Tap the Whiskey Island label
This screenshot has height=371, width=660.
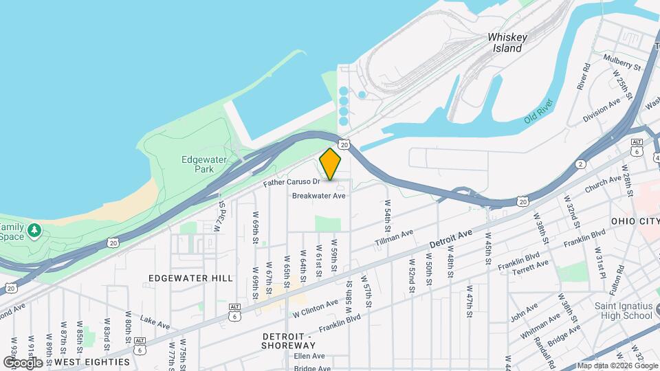click(507, 43)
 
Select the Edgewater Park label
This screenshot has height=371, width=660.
click(199, 164)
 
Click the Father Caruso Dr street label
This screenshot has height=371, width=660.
click(291, 183)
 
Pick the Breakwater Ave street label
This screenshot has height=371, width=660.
click(318, 196)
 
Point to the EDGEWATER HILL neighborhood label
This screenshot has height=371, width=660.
click(190, 278)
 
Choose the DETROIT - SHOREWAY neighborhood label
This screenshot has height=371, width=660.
click(287, 341)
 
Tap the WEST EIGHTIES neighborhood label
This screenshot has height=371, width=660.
click(91, 361)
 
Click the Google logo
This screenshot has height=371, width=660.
click(22, 362)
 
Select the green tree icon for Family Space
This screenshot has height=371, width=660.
click(34, 229)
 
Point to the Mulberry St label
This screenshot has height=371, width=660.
click(622, 63)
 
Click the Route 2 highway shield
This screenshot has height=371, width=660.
click(582, 164)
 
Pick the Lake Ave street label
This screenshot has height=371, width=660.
click(155, 322)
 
